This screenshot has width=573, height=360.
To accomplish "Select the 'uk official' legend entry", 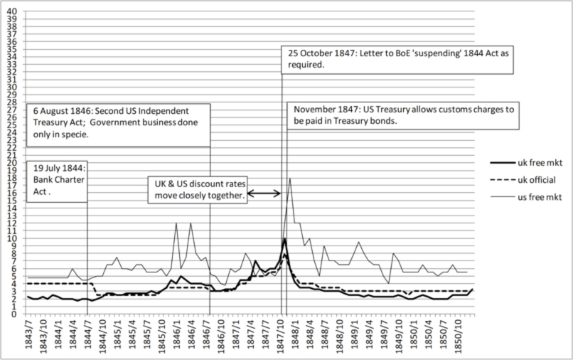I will (x=542, y=180).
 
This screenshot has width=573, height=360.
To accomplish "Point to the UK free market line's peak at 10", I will (x=284, y=238).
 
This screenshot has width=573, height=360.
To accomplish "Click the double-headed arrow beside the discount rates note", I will (x=263, y=193).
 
